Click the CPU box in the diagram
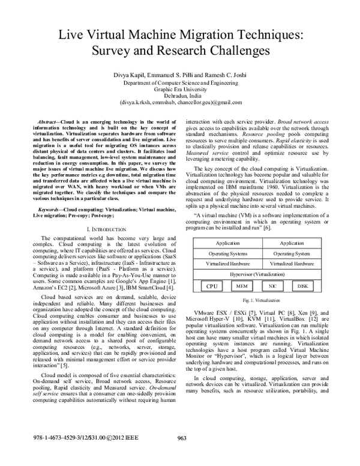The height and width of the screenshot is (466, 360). click(212, 286)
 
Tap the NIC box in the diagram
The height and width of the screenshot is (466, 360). click(272, 286)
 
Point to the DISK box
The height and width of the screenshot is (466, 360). click(303, 286)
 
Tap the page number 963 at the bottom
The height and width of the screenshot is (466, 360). click(182, 455)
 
